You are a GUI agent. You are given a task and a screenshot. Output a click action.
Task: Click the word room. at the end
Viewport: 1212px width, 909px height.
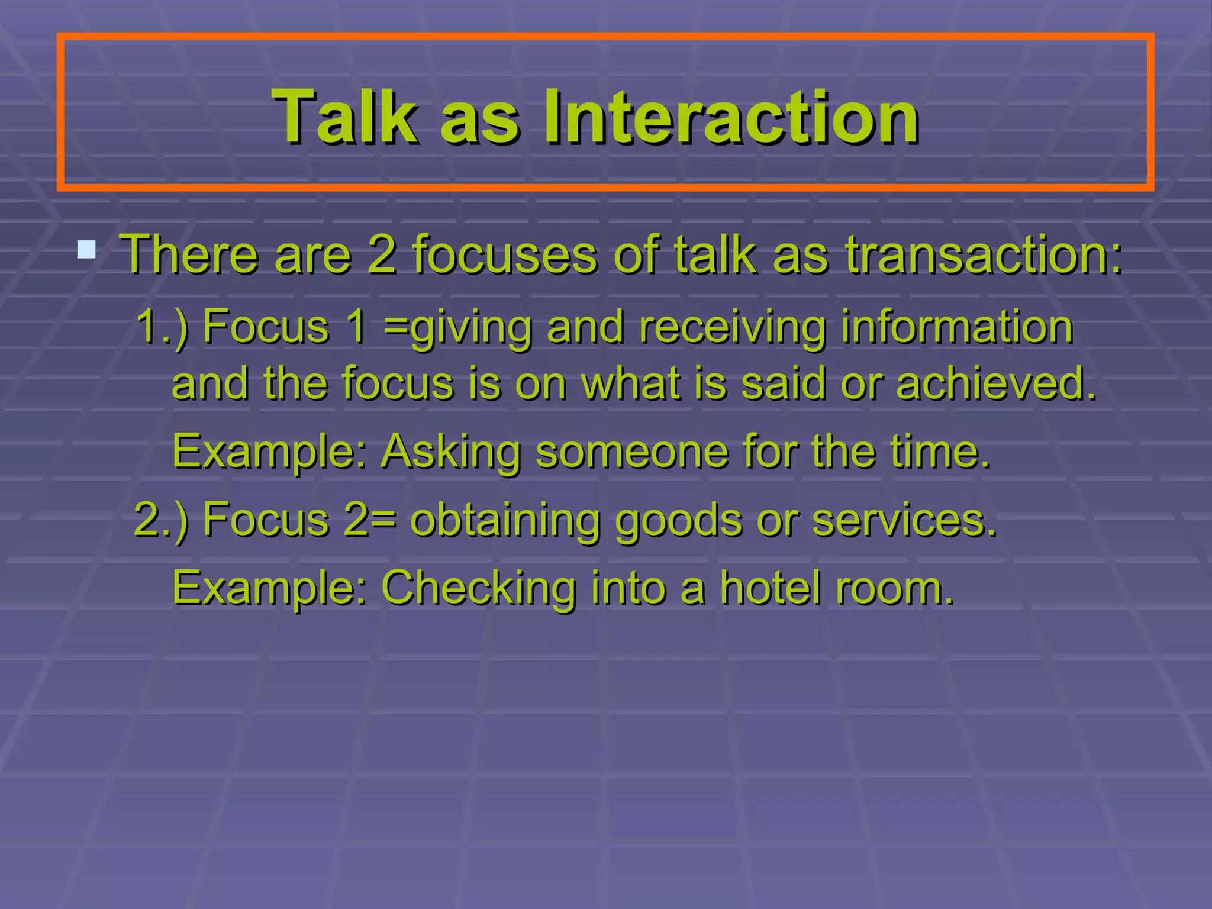(894, 588)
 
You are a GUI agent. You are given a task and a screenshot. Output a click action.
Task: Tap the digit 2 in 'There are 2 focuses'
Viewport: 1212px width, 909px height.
(382, 254)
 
